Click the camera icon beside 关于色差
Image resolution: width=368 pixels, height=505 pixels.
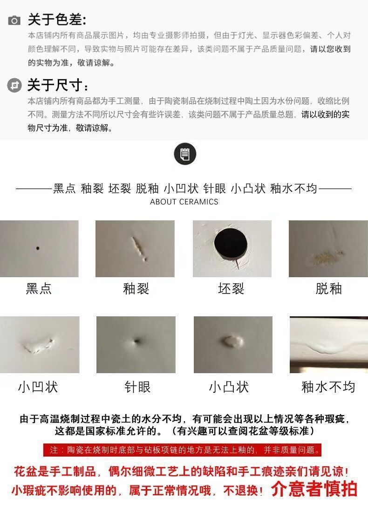point(14,20)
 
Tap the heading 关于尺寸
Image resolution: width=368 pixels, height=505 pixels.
point(58,86)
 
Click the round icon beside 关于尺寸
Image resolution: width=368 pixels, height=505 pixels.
point(15,86)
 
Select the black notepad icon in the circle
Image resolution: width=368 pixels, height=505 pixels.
point(184,154)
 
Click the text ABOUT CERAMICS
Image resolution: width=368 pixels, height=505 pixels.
point(184,202)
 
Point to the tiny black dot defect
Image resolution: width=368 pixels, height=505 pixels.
point(38,248)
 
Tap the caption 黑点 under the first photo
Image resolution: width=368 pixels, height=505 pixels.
point(39,289)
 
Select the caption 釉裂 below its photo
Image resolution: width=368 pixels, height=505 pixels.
point(136,289)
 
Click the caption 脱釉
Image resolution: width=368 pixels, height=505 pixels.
point(328,289)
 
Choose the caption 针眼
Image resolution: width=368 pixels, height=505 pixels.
point(137,387)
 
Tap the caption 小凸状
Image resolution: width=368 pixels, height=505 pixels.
point(229,387)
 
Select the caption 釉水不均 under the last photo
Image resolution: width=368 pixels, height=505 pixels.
point(328,387)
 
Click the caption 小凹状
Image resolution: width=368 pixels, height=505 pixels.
point(38,387)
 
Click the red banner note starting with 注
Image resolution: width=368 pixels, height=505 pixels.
point(184,450)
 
